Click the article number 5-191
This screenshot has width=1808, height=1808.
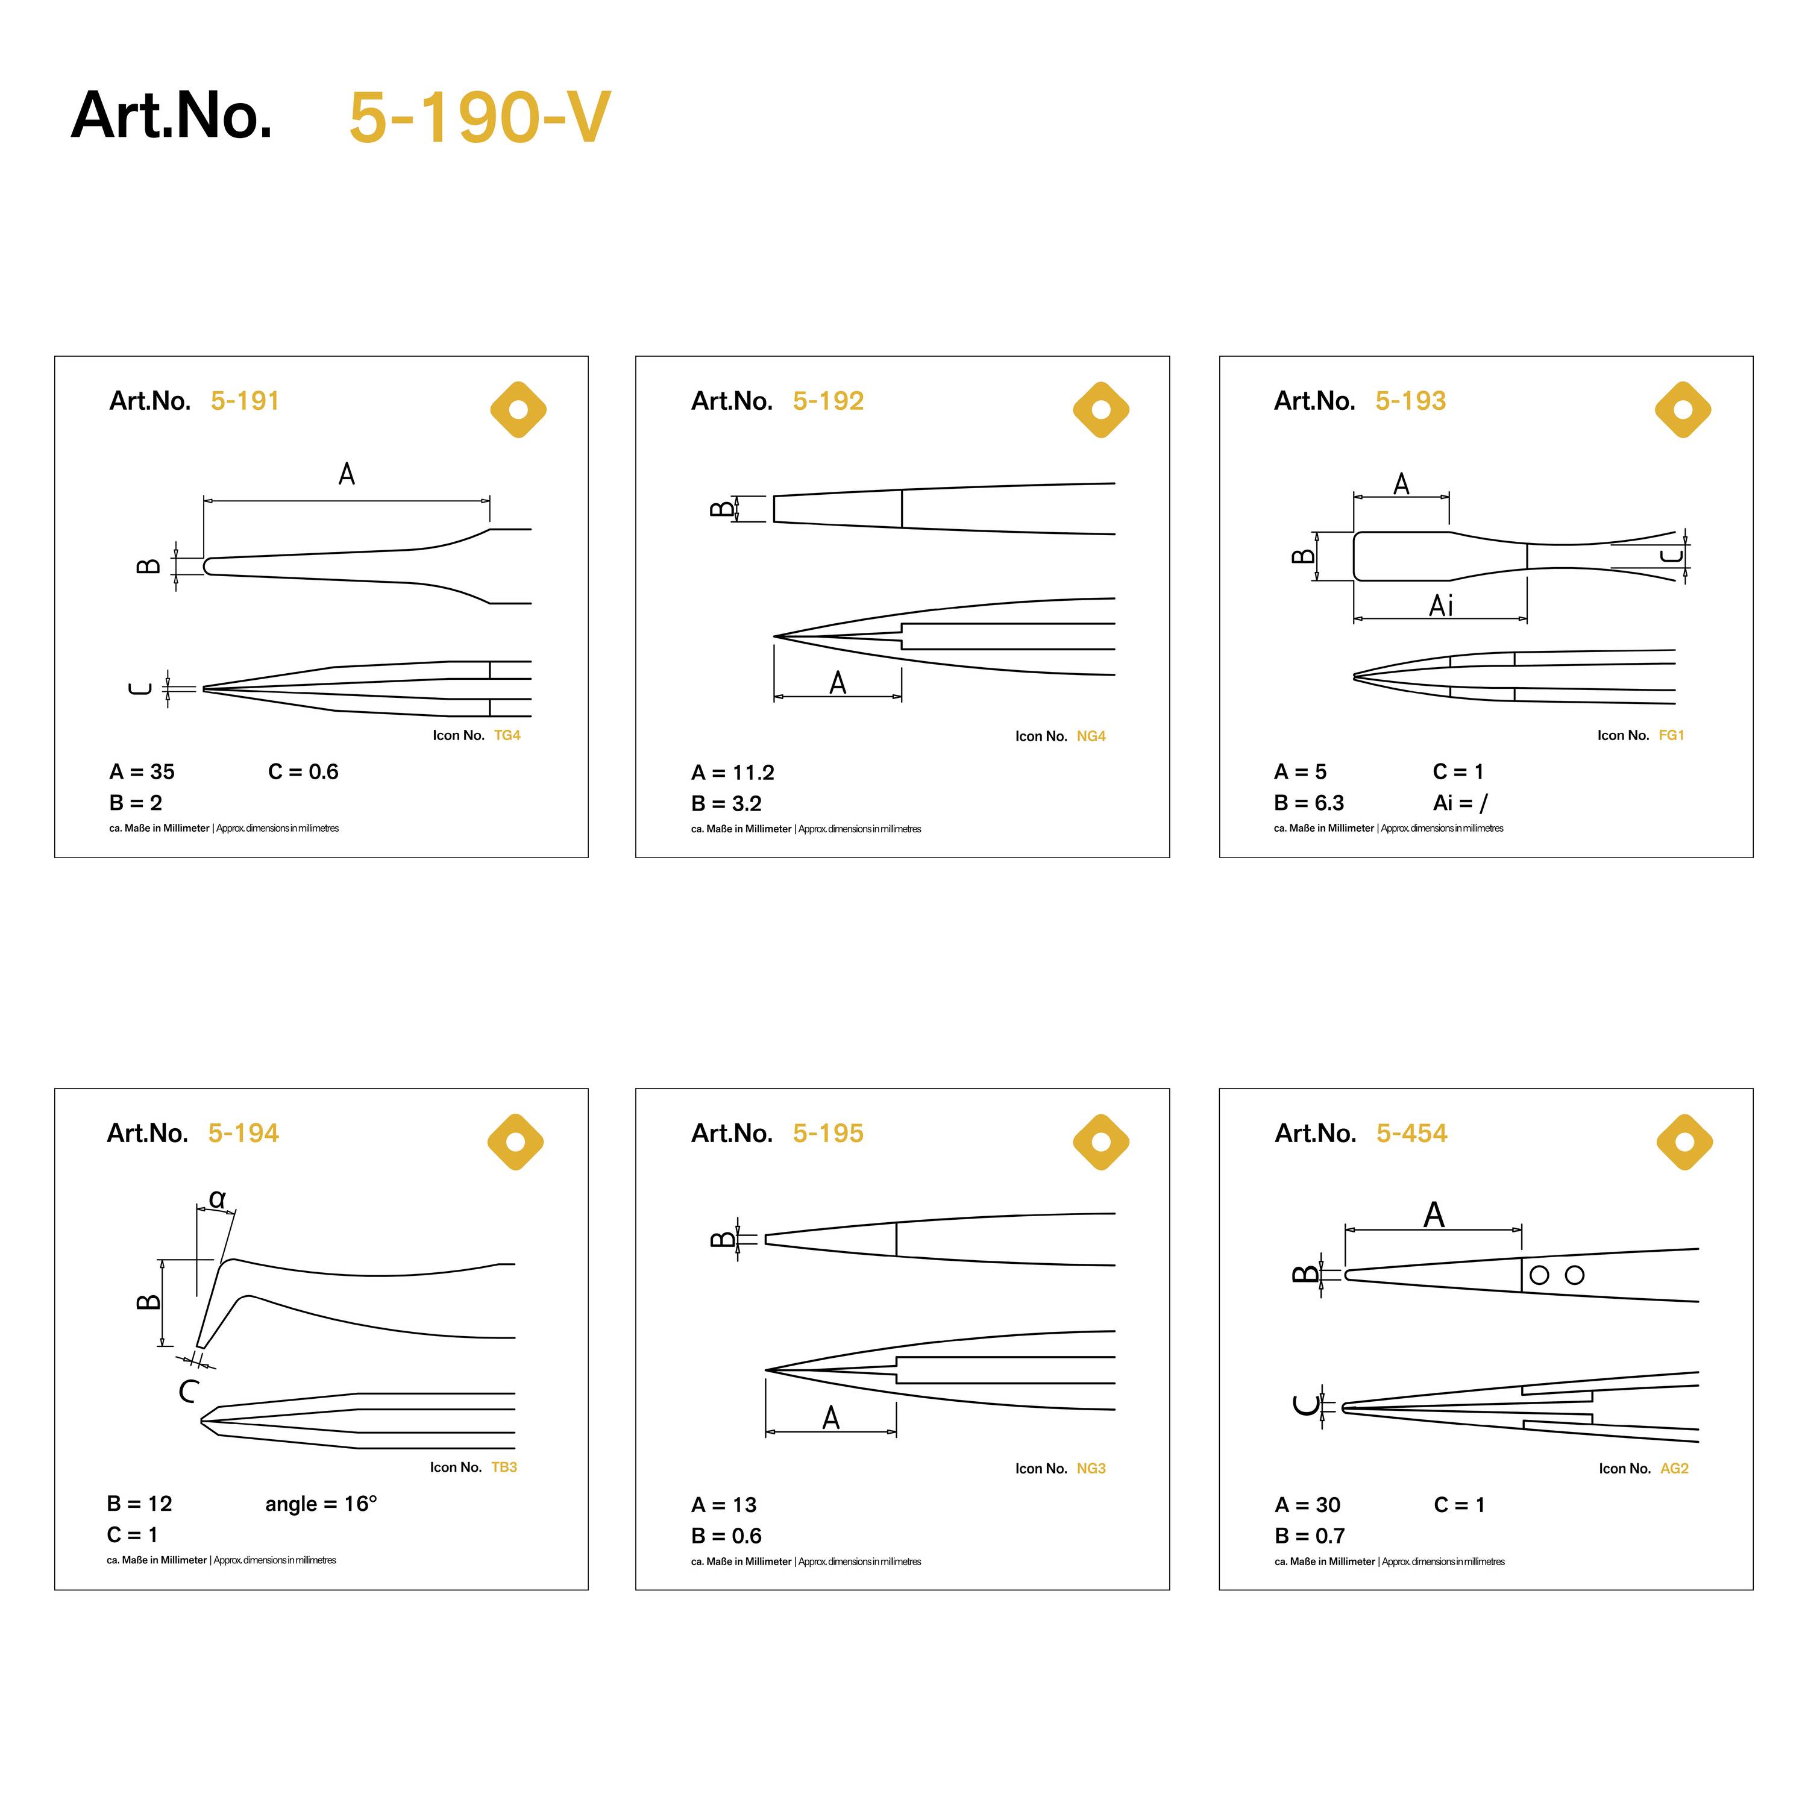(x=245, y=401)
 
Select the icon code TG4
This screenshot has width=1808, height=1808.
(x=507, y=735)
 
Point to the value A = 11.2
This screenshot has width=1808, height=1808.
(x=733, y=773)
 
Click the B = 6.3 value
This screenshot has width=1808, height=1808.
(x=1308, y=803)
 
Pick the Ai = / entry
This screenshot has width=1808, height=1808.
(x=1460, y=803)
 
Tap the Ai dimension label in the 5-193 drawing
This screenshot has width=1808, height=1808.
(x=1441, y=606)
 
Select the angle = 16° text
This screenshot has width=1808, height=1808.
(x=321, y=1504)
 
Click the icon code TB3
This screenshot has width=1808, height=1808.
(x=504, y=1467)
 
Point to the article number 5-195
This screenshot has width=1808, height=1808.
(x=828, y=1133)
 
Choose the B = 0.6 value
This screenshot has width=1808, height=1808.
(x=726, y=1536)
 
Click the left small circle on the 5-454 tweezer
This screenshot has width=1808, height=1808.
(x=1539, y=1275)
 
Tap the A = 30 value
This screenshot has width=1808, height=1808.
(x=1307, y=1505)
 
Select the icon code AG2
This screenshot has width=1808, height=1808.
(x=1674, y=1468)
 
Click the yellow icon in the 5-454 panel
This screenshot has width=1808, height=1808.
(x=1684, y=1141)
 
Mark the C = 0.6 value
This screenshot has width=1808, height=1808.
(x=303, y=772)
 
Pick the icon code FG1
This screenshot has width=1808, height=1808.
(x=1671, y=735)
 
